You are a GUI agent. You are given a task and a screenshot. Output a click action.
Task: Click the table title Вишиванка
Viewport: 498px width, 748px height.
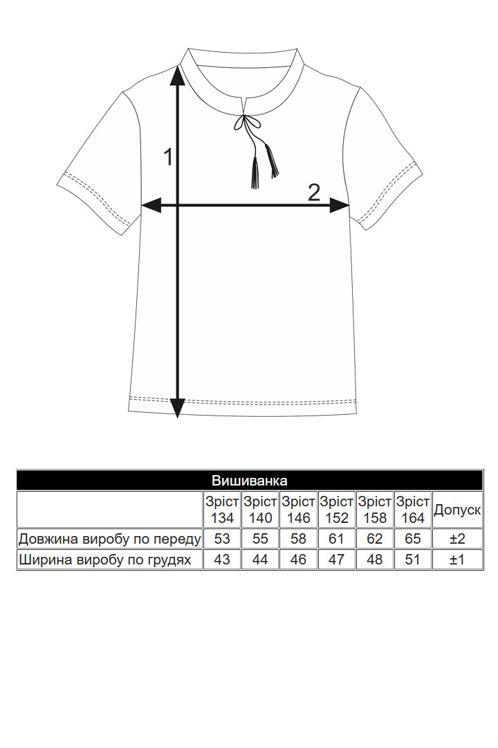(249, 480)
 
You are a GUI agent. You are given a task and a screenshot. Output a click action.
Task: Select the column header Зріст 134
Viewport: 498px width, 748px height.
(222, 510)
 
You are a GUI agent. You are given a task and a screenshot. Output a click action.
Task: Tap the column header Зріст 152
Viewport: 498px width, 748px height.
(336, 510)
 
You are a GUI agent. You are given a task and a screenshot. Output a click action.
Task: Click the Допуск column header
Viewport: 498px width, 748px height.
(457, 510)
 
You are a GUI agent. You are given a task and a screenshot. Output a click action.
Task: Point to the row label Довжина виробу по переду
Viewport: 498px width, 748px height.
(109, 539)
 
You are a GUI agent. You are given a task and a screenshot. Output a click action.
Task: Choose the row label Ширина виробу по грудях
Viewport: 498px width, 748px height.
(105, 560)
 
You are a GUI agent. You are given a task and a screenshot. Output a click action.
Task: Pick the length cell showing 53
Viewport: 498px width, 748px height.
(222, 539)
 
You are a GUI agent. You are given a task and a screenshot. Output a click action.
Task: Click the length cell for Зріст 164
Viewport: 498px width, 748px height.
(413, 539)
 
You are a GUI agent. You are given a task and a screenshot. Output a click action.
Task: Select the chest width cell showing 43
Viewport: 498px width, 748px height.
(222, 559)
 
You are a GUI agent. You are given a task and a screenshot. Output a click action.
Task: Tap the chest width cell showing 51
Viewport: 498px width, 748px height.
(413, 559)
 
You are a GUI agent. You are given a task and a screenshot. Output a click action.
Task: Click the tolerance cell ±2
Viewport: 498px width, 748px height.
(457, 539)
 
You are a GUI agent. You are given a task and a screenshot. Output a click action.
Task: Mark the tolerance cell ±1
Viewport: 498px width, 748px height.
(457, 559)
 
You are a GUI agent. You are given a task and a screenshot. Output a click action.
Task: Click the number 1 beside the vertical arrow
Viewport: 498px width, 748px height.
(168, 157)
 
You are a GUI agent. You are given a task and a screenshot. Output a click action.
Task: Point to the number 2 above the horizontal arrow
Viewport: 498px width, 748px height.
(313, 193)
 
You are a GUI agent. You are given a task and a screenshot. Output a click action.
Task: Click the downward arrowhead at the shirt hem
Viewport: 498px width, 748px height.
(178, 409)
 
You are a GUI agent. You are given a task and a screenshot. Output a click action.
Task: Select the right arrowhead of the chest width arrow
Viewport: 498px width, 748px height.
(340, 206)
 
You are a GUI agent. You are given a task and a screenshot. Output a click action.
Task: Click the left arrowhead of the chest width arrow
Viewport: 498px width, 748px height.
(152, 206)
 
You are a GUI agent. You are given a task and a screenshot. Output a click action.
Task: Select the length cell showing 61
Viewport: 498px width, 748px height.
(336, 539)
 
